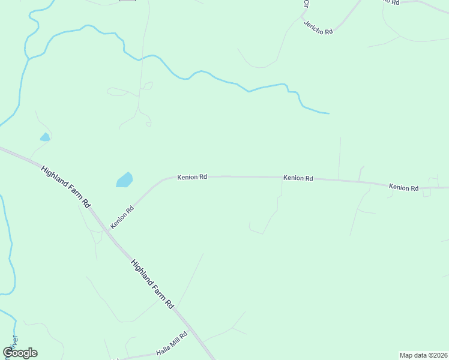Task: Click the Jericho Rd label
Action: click(x=318, y=28)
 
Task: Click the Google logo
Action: click(x=20, y=353)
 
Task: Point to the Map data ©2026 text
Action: click(x=423, y=355)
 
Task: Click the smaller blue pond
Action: click(x=44, y=137)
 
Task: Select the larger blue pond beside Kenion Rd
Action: click(x=124, y=179)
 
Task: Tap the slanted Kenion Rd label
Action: click(x=121, y=218)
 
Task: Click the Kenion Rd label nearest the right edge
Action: click(x=403, y=188)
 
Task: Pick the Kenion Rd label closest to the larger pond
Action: click(x=192, y=177)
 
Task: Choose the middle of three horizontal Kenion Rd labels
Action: click(x=298, y=178)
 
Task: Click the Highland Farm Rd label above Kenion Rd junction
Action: click(x=65, y=187)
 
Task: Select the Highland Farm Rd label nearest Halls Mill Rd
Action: click(x=152, y=284)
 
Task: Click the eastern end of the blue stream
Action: click(x=328, y=113)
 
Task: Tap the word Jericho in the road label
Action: click(x=314, y=26)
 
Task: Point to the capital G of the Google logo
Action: click(x=8, y=353)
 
